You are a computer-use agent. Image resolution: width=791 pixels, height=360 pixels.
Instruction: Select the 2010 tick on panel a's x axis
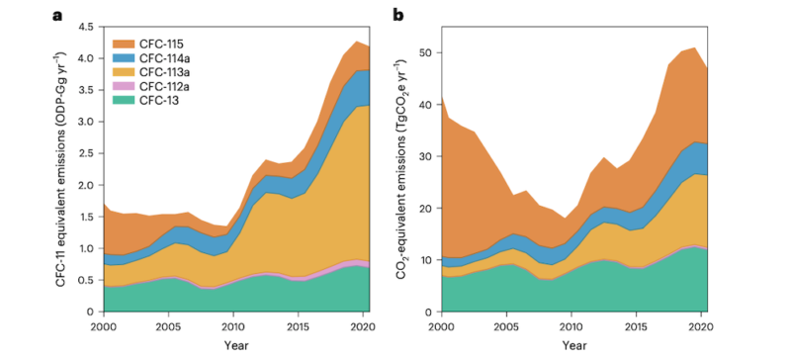pos(233,324)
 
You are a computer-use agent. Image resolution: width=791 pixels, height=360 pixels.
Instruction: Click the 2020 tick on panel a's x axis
pos(364,324)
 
